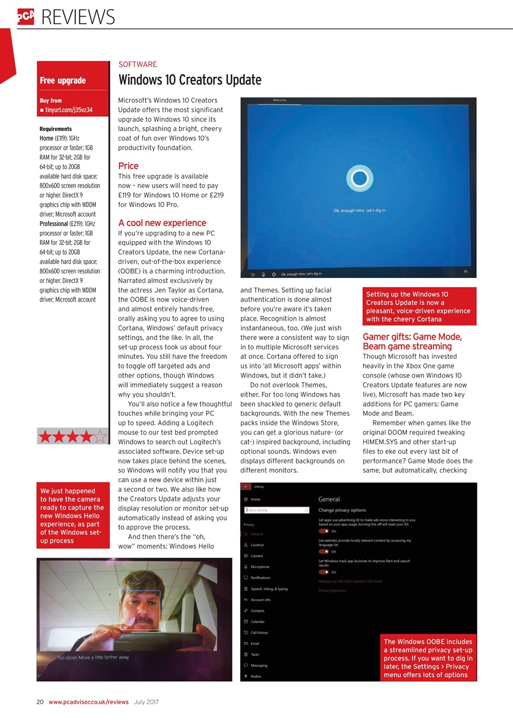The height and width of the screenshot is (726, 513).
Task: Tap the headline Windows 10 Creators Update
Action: pyautogui.click(x=189, y=80)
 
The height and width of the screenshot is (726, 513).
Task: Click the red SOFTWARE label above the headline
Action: pyautogui.click(x=137, y=65)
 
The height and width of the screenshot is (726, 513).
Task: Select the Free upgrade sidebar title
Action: pyautogui.click(x=63, y=81)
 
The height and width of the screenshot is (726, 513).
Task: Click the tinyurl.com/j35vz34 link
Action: pyautogui.click(x=69, y=109)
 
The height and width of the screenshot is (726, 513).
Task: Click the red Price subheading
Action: pyautogui.click(x=128, y=166)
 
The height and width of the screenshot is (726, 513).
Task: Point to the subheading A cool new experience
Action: pyautogui.click(x=162, y=222)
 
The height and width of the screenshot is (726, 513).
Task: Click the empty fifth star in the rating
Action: pyautogui.click(x=99, y=436)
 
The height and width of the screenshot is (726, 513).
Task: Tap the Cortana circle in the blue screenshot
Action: pyautogui.click(x=359, y=179)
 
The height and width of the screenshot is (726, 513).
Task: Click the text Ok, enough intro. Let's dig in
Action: pyautogui.click(x=360, y=210)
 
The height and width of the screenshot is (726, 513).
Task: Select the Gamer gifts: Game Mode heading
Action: pyautogui.click(x=412, y=337)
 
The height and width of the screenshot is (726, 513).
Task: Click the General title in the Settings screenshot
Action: pyautogui.click(x=329, y=499)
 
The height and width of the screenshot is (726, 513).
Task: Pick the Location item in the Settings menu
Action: pyautogui.click(x=257, y=544)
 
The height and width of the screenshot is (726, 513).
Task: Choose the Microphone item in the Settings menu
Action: pyautogui.click(x=260, y=567)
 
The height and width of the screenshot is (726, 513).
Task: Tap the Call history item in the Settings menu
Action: pyautogui.click(x=259, y=632)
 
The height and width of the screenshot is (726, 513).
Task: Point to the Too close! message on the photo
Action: pyautogui.click(x=94, y=657)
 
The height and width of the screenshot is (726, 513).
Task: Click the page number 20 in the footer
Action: pyautogui.click(x=40, y=702)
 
